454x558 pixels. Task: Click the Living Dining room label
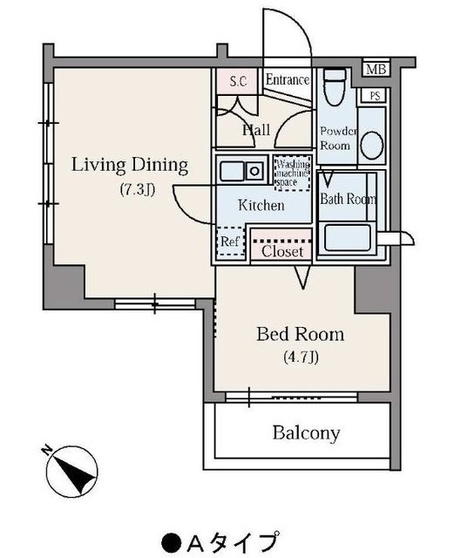(130, 166)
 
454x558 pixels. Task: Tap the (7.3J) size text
(138, 189)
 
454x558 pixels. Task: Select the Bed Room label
(301, 335)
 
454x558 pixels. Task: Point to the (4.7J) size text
(301, 357)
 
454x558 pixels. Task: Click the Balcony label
(307, 433)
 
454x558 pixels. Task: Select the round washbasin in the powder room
(372, 146)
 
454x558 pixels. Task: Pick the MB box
(376, 69)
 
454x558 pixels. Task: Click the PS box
(375, 96)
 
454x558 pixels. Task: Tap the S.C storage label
(238, 81)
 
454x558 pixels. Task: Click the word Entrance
(288, 79)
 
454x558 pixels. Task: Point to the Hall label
(256, 130)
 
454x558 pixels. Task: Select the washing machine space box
(293, 173)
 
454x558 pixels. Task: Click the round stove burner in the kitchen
(254, 171)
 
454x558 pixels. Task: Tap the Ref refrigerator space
(231, 242)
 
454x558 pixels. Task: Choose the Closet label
(282, 252)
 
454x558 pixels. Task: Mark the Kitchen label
(261, 206)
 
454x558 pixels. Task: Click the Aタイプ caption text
(220, 542)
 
